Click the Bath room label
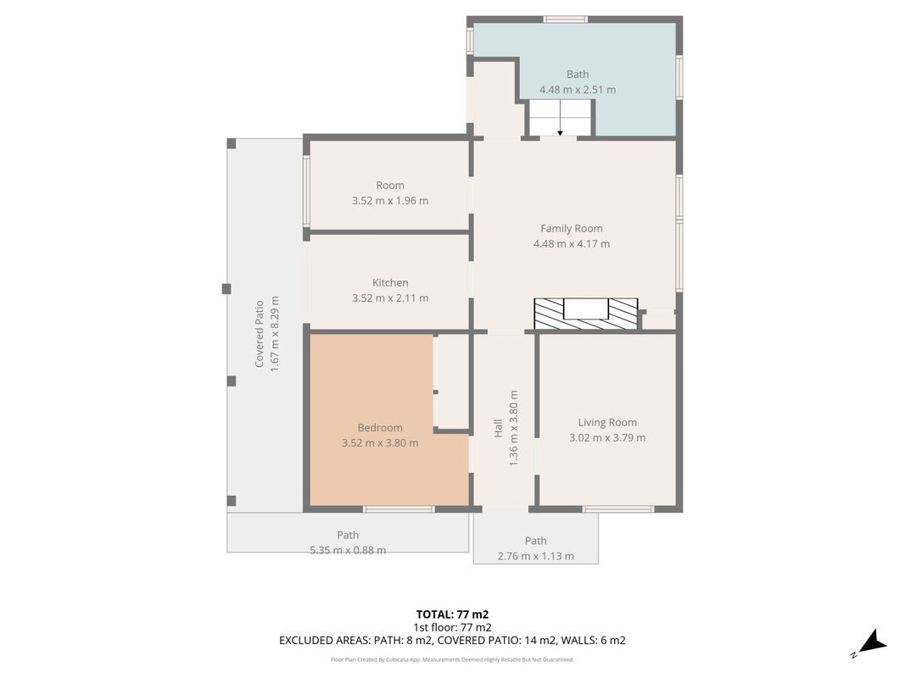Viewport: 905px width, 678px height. point(577,75)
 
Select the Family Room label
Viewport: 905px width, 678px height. point(572,228)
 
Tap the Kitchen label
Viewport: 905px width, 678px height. point(390,282)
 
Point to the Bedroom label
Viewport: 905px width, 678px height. point(380,428)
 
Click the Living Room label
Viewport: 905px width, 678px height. point(607,423)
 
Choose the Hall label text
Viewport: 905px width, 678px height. point(498,428)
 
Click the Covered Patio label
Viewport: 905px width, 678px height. point(260,334)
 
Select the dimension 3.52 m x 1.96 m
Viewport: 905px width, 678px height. point(390,201)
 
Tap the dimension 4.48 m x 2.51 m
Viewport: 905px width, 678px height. point(577,90)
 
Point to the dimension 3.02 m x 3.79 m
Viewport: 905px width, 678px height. point(607,437)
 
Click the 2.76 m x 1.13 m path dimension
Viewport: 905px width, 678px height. point(535,556)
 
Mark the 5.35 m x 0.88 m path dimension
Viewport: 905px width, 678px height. point(348,551)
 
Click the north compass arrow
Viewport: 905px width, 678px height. point(872,643)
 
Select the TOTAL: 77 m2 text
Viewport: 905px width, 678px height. point(453,614)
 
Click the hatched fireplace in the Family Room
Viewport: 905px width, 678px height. point(586,314)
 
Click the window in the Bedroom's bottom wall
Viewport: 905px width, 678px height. point(399,509)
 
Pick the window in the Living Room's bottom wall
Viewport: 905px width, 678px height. point(618,509)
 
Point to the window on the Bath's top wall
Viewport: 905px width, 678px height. point(566,19)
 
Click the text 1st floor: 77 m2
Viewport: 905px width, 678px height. point(453,627)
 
